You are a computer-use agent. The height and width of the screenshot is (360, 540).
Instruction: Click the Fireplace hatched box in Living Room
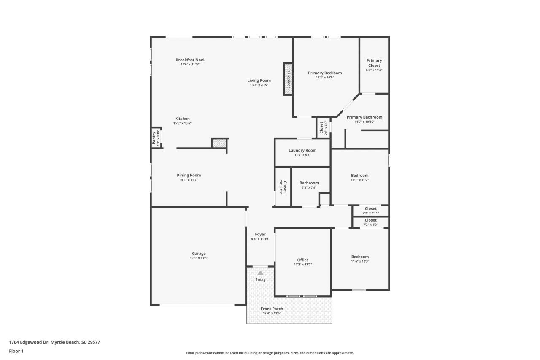pos(289,79)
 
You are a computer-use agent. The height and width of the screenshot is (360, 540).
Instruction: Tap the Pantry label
pos(154,138)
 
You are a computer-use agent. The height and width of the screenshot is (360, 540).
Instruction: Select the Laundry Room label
pos(302,150)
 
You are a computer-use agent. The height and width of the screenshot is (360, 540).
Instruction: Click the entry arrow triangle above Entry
pos(260,273)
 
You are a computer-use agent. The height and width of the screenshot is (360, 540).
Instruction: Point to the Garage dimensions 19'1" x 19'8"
pos(199,258)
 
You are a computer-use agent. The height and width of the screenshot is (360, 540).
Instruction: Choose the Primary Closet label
pos(374,63)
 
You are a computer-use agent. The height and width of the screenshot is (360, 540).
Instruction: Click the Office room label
pos(302,260)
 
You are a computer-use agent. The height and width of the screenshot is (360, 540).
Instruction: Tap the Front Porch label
pos(272,309)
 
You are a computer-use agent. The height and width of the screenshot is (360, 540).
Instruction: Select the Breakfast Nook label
pos(190,60)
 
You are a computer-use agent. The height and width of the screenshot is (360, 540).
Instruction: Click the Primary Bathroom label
pos(364,117)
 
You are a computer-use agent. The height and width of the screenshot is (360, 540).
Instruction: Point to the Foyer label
pos(260,234)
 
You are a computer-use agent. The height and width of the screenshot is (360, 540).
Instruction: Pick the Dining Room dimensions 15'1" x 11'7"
pos(189,180)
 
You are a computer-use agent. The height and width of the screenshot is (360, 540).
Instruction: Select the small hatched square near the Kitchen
pos(219,143)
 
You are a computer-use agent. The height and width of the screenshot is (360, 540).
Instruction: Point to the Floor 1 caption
pos(16,351)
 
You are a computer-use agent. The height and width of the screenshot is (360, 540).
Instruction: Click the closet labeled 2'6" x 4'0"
pos(323,127)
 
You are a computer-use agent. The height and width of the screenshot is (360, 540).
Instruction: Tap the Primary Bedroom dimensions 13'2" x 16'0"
pos(325,78)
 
